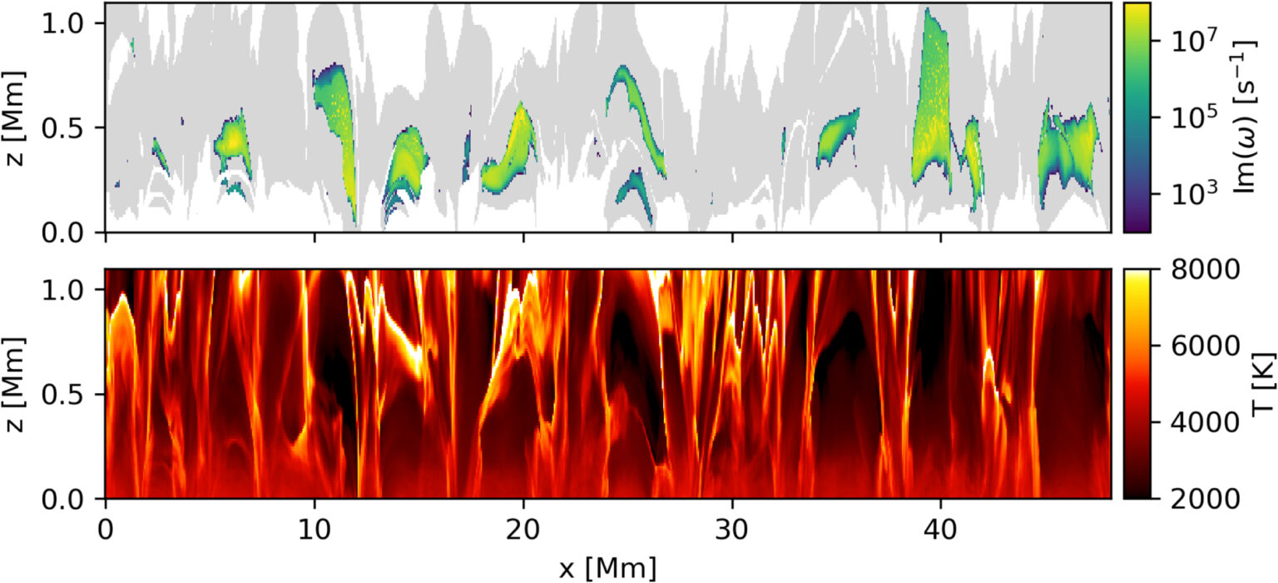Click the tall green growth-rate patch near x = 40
point(932,100)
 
